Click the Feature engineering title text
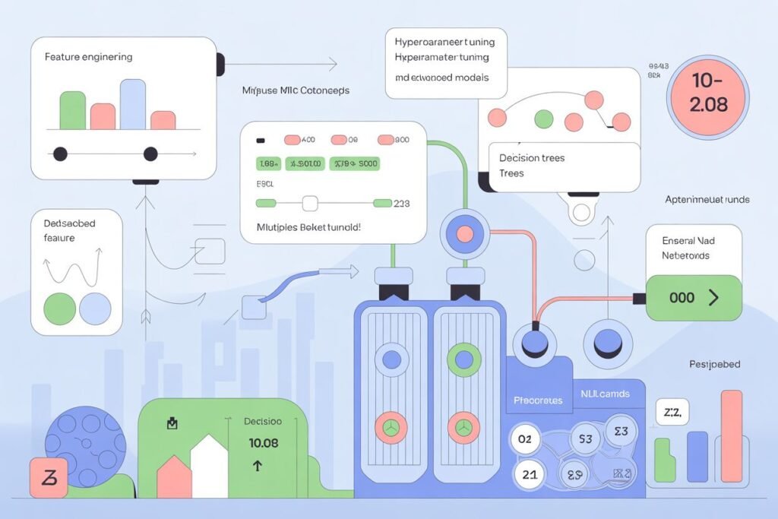[x=88, y=57]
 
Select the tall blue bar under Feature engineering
[x=132, y=104]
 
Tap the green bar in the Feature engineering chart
[x=72, y=110]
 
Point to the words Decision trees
[x=532, y=158]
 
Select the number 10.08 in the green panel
[x=263, y=442]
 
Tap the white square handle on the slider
[x=310, y=203]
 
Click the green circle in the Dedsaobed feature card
[x=59, y=308]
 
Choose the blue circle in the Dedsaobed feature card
[x=95, y=308]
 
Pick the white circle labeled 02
[x=525, y=438]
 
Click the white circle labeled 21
[x=530, y=475]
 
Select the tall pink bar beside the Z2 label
[x=731, y=436]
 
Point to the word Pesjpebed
[x=713, y=365]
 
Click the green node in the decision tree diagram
[x=543, y=119]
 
